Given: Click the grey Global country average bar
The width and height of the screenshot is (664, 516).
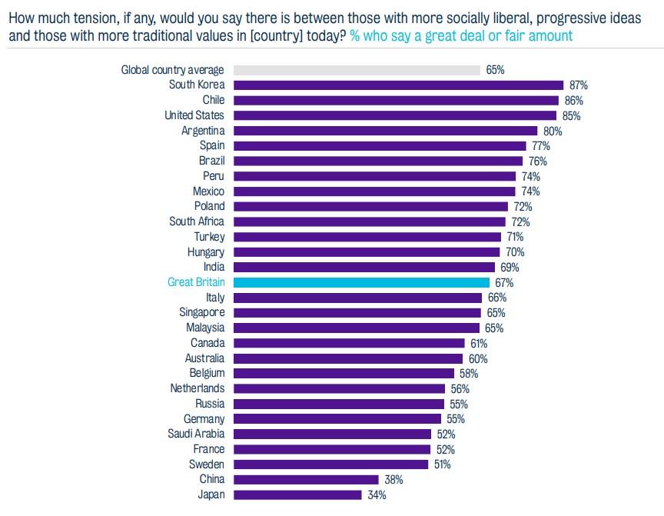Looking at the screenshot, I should pyautogui.click(x=356, y=70).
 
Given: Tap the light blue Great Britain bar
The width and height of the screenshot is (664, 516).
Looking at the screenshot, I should pyautogui.click(x=360, y=282).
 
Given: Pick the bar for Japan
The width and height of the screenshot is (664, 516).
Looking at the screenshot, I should pyautogui.click(x=297, y=494).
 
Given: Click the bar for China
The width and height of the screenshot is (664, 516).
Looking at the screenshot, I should pyautogui.click(x=304, y=479).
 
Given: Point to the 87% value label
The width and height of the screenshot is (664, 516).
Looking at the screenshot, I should pyautogui.click(x=578, y=85).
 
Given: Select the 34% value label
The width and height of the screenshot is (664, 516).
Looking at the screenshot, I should pyautogui.click(x=377, y=494).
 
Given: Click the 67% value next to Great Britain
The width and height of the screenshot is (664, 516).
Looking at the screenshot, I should pyautogui.click(x=504, y=282).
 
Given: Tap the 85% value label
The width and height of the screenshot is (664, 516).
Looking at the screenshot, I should pyautogui.click(x=571, y=115).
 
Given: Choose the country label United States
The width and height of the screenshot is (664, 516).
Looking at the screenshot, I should pyautogui.click(x=194, y=115).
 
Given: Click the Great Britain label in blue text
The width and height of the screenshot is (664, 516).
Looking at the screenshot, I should pyautogui.click(x=196, y=282).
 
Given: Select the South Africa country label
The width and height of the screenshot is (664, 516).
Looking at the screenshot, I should pyautogui.click(x=197, y=221).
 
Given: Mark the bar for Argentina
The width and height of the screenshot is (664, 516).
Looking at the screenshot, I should pyautogui.click(x=385, y=131).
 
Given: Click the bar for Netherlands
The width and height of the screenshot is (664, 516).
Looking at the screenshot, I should pyautogui.click(x=340, y=388).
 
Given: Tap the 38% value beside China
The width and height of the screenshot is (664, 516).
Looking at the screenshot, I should pyautogui.click(x=393, y=479).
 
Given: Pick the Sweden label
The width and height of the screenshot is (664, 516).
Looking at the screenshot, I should pyautogui.click(x=207, y=464).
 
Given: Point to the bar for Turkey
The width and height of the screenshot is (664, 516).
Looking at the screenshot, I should pyautogui.click(x=367, y=237).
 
